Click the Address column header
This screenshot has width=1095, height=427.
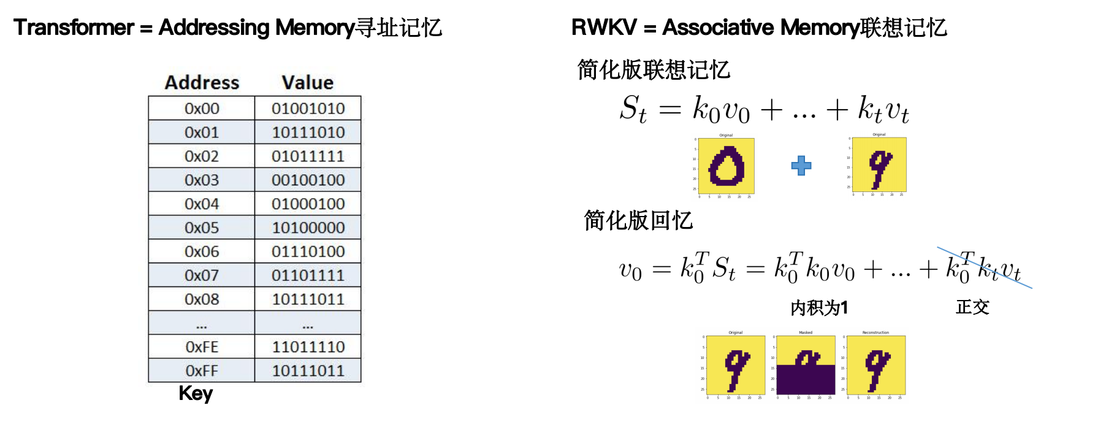tap(202, 83)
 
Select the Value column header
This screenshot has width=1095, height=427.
tap(308, 83)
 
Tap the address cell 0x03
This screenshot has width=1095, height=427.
tap(202, 180)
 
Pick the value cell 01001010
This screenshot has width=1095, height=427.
tap(308, 109)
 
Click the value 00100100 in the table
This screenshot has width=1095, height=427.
tap(308, 180)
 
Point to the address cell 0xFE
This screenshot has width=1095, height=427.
tap(202, 347)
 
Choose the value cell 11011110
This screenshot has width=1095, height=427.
tap(308, 347)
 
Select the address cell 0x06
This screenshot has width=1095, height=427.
tap(202, 252)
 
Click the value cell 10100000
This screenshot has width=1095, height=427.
tap(308, 228)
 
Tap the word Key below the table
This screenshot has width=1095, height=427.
tap(196, 393)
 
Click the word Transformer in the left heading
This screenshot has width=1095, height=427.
tap(74, 28)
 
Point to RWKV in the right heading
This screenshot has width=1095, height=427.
tap(604, 28)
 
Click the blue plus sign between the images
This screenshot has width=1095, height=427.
tap(801, 166)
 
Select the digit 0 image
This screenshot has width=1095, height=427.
tap(727, 166)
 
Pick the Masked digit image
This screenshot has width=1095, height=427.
tap(806, 365)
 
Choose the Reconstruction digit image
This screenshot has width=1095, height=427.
tap(876, 365)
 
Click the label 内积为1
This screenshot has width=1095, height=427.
tap(819, 307)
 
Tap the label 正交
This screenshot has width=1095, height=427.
tap(972, 307)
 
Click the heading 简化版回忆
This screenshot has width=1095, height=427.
tap(638, 220)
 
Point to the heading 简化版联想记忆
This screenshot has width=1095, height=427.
tap(654, 70)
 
